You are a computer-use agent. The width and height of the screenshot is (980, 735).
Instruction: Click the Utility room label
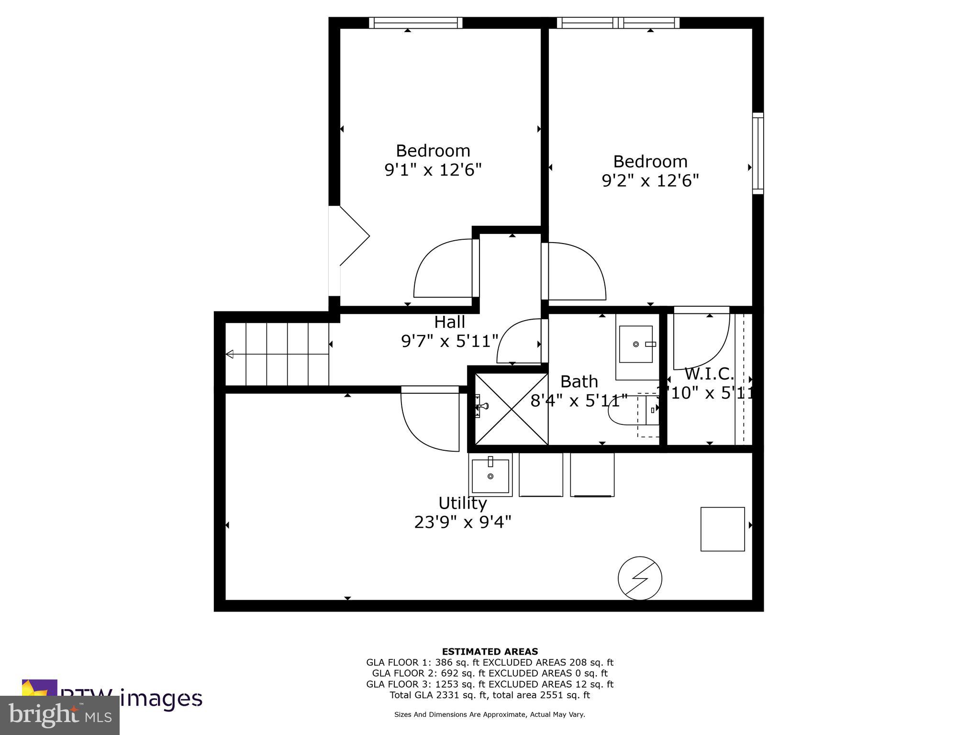pos(462,503)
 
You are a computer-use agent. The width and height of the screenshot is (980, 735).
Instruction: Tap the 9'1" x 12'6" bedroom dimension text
pos(433,170)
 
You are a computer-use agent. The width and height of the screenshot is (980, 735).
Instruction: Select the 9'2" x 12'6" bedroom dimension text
pos(650,180)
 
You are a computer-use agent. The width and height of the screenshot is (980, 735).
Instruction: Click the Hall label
pos(449,322)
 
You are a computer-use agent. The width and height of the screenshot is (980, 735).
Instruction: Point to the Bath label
pos(579,381)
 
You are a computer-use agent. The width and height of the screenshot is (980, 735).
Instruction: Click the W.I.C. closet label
pos(709,373)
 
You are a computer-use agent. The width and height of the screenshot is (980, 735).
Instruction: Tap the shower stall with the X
pos(511,409)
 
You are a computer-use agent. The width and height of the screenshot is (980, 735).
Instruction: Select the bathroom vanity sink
pos(635,344)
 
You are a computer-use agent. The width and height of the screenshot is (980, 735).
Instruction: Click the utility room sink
pos(490,476)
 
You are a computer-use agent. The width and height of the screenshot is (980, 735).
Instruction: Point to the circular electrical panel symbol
pos(640,578)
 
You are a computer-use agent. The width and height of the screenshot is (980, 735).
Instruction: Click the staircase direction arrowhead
pos(230,354)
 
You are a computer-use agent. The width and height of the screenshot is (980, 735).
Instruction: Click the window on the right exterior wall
pos(757,153)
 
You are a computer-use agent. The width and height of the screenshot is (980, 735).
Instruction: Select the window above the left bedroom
pos(415,22)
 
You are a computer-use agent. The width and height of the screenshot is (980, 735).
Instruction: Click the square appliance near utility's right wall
pos(722,529)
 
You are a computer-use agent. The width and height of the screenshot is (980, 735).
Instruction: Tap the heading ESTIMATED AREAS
pos(490,651)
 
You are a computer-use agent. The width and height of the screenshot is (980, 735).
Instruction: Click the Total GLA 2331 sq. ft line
pos(490,695)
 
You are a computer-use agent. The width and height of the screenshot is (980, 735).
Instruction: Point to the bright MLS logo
pos(60,715)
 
